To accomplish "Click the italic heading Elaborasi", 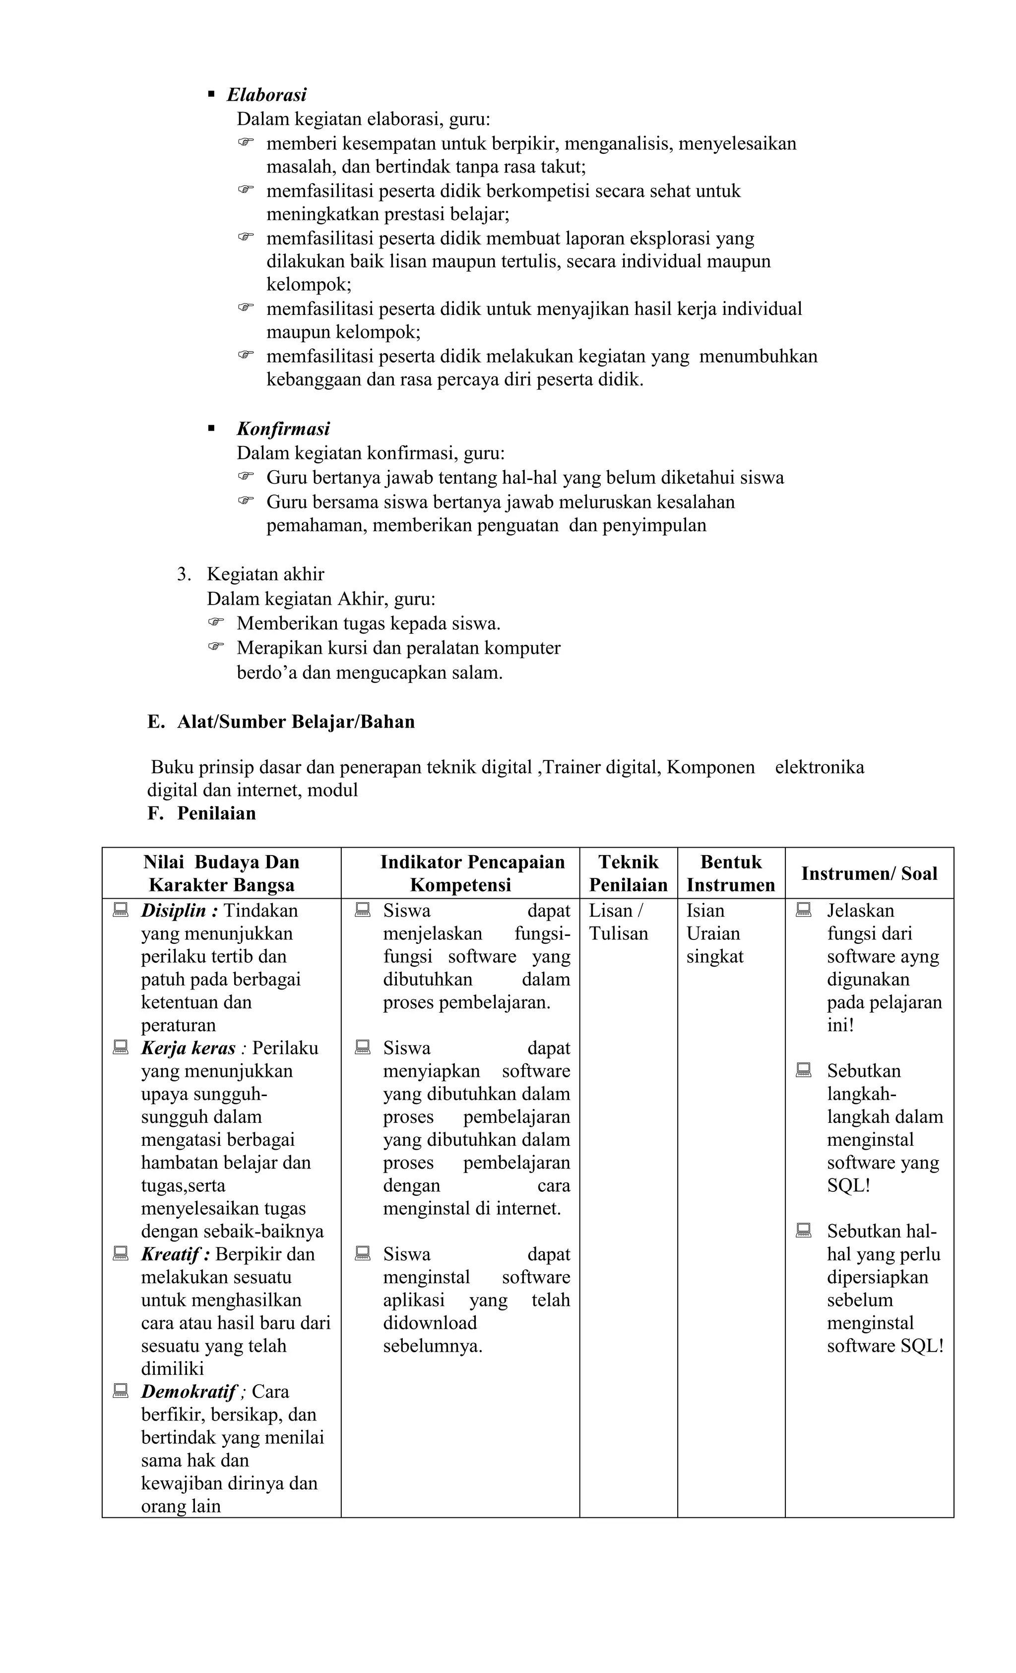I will (x=266, y=94).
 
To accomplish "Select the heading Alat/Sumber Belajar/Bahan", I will (x=296, y=721).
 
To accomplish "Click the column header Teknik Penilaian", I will (x=628, y=873).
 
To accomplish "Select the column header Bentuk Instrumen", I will (x=731, y=873).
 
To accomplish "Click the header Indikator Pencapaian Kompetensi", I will (x=472, y=873).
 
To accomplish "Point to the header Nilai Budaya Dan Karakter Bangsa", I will (x=221, y=873).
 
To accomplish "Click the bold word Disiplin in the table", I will (x=173, y=911).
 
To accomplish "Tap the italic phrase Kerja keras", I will (x=188, y=1048).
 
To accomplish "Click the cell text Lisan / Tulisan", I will (x=617, y=922).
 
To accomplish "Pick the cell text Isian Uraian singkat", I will (x=714, y=933).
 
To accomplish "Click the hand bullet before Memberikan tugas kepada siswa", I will (x=216, y=622).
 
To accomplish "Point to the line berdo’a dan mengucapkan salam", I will (x=370, y=673).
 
